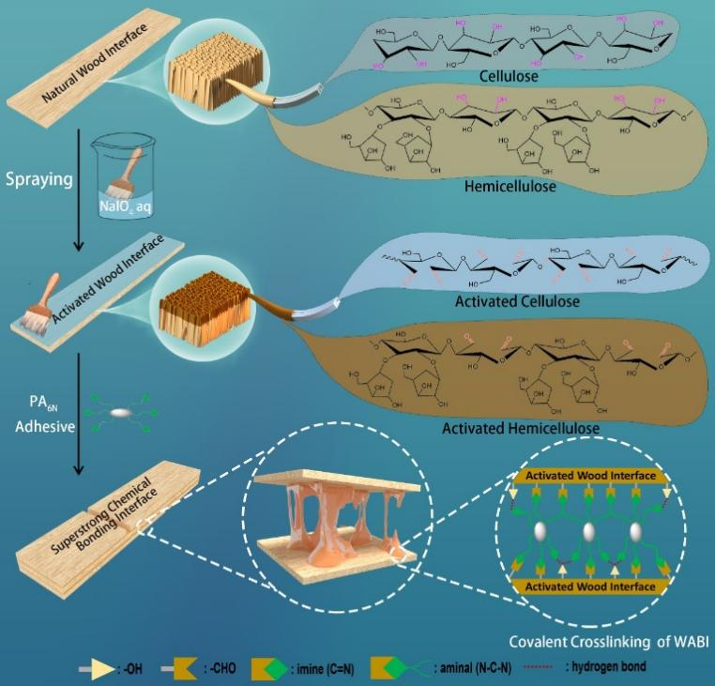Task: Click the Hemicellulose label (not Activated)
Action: pos(510,187)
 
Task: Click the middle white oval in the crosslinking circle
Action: pos(590,534)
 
